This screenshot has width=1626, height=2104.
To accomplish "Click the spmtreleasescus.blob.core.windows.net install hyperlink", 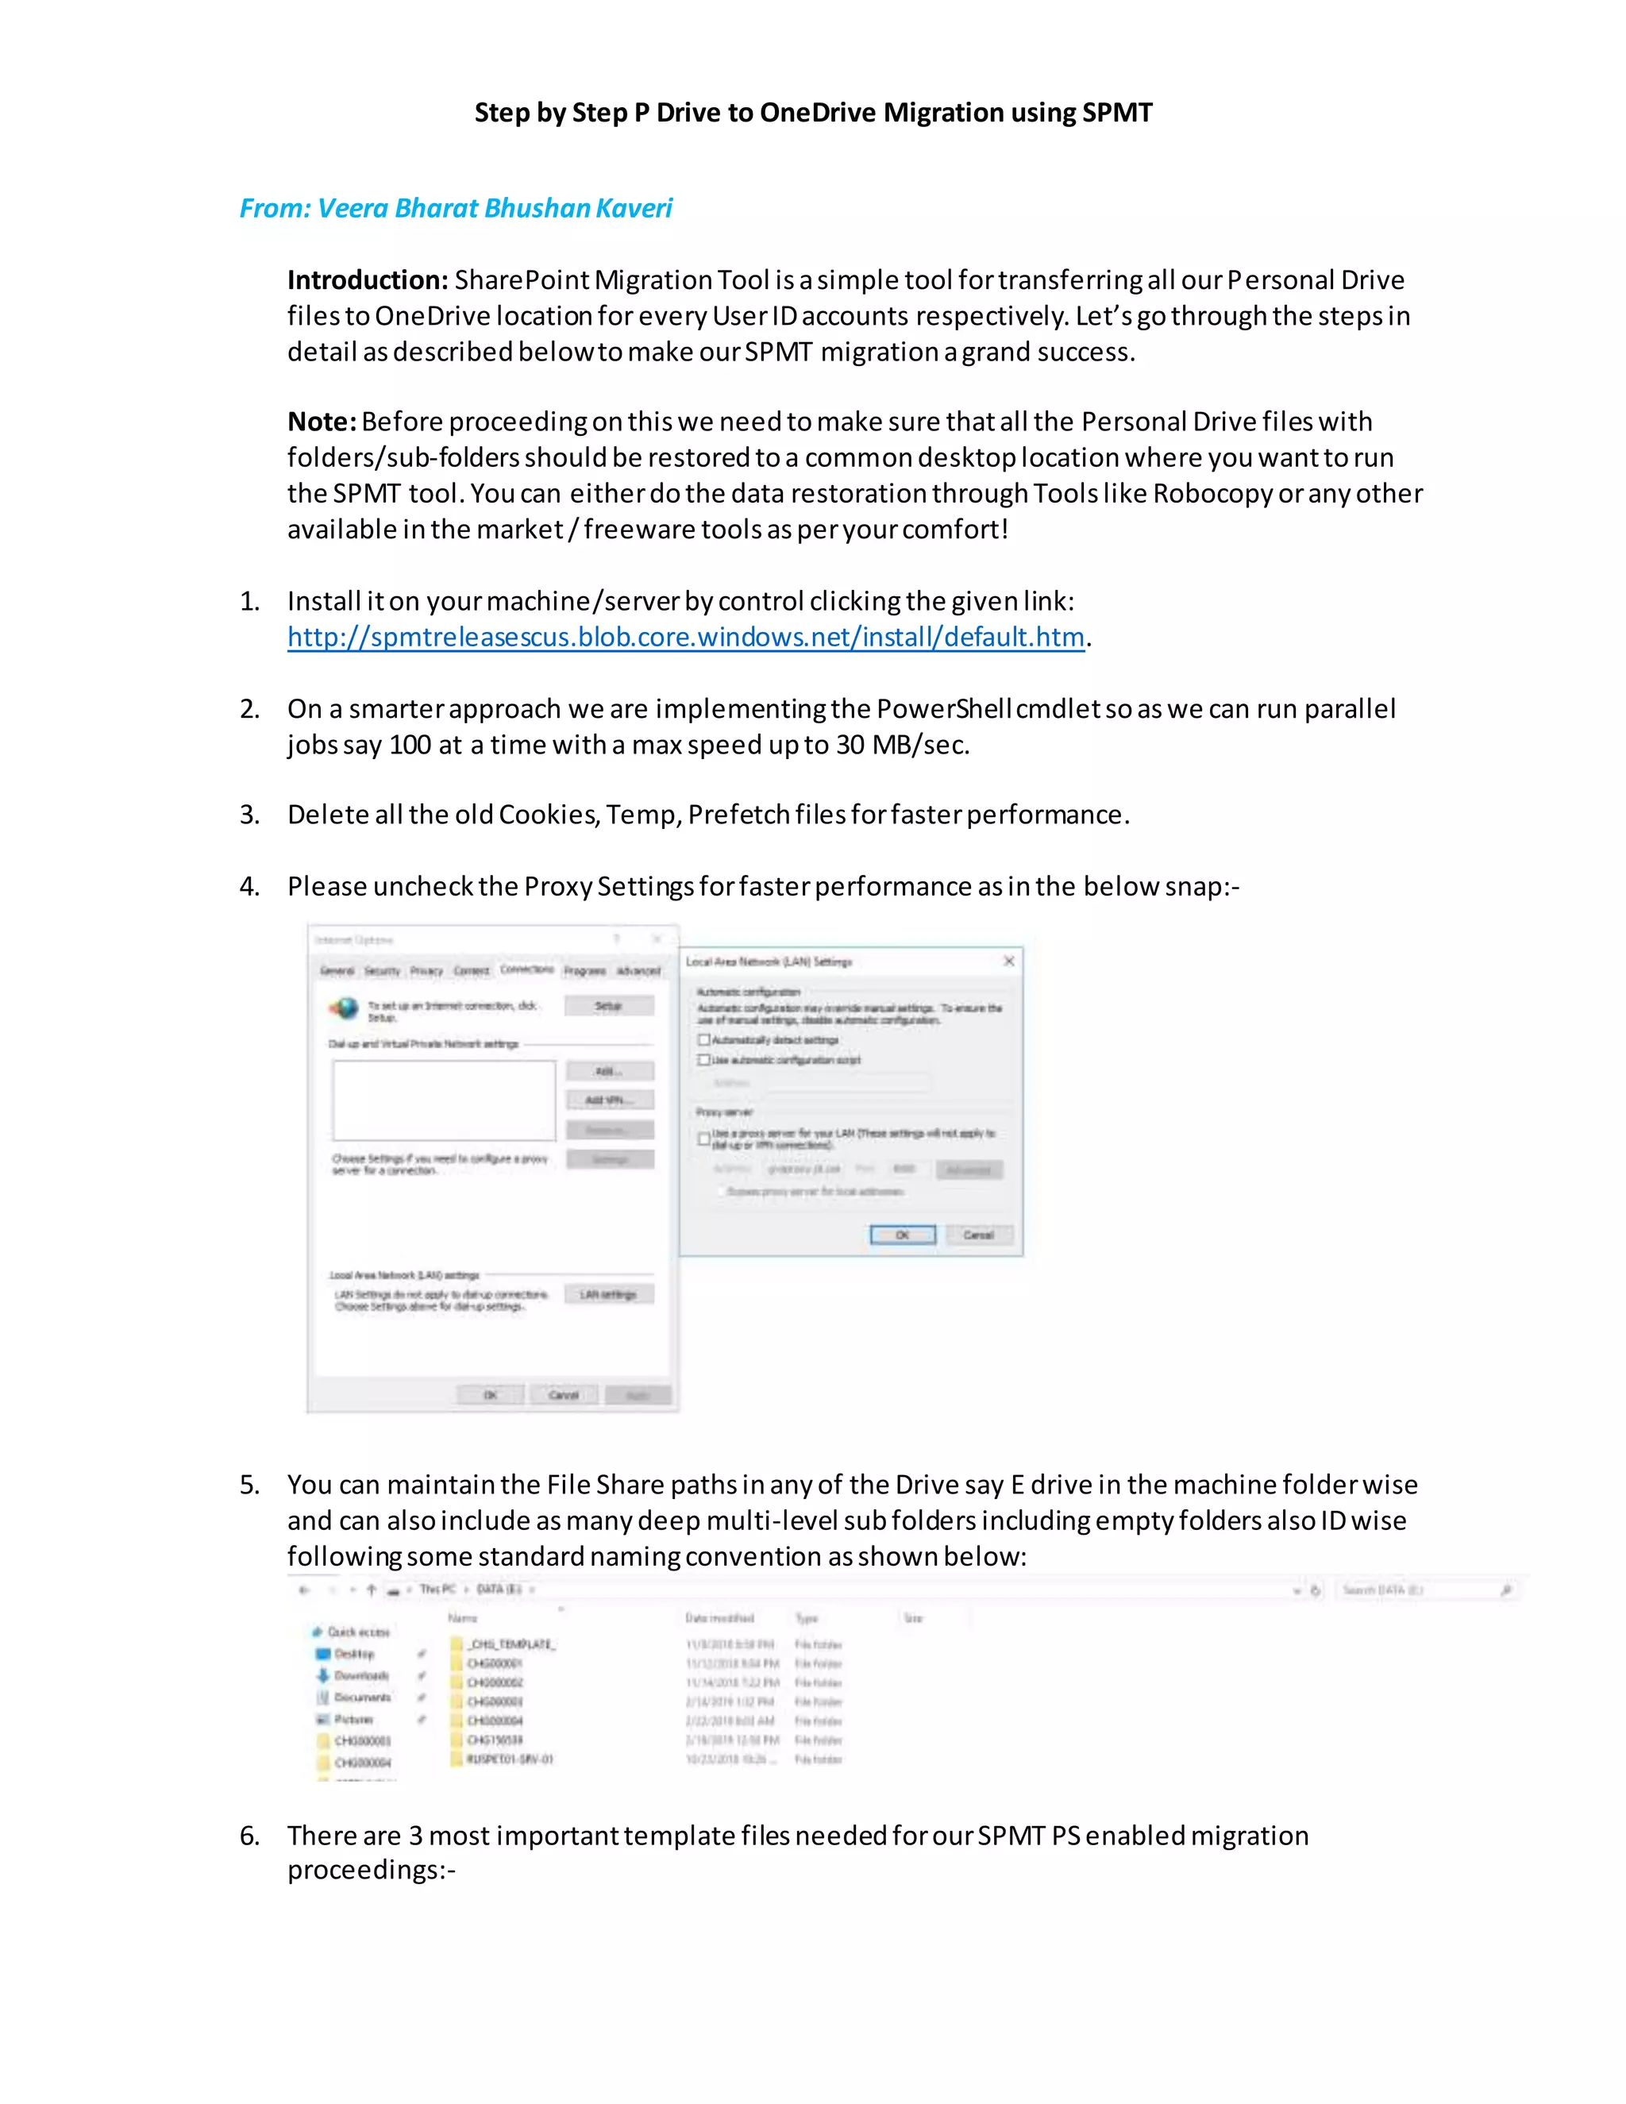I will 685,637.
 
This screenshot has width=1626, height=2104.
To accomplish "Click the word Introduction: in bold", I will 367,280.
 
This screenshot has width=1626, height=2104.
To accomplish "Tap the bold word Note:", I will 322,422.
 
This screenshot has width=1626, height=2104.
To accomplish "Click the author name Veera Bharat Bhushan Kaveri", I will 494,208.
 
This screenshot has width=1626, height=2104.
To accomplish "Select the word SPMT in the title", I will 1116,113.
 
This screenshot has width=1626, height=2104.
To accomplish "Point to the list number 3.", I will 249,815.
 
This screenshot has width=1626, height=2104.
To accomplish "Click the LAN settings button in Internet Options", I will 609,1294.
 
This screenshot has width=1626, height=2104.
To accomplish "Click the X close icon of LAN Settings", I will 1008,961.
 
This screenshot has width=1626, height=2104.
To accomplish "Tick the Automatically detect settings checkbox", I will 704,1039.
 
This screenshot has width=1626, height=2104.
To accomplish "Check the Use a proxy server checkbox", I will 704,1138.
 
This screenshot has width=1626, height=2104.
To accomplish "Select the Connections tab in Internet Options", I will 527,969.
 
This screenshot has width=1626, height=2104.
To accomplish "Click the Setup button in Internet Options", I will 609,1006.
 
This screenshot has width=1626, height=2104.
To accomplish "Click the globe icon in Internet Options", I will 344,1008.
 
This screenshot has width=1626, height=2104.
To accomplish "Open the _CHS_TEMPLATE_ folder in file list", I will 511,1644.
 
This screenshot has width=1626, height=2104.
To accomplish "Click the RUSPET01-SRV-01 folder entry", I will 509,1759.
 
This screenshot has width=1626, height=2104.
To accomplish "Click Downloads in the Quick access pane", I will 360,1675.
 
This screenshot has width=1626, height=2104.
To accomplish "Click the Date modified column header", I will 719,1618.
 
